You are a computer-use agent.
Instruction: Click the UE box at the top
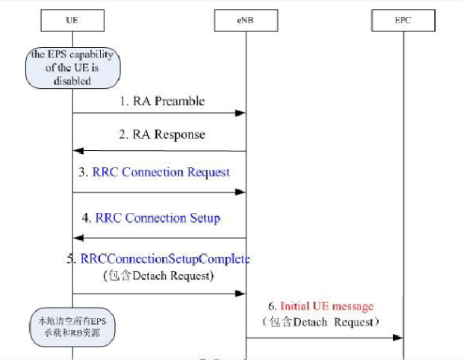click(72, 21)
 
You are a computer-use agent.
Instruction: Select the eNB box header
click(246, 21)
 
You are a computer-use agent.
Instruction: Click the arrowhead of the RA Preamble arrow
click(241, 114)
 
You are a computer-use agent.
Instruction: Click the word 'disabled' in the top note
click(72, 81)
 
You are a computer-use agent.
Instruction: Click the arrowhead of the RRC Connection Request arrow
click(241, 192)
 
